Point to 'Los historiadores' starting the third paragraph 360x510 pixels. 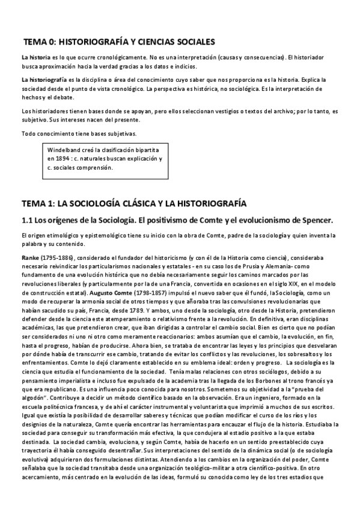point(43,111)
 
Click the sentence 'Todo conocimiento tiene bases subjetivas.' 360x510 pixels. point(79,133)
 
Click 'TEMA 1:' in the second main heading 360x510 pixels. point(39,203)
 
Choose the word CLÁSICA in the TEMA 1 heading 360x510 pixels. point(127,203)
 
